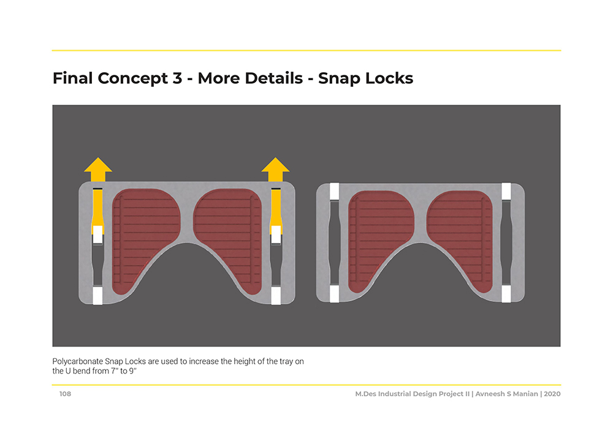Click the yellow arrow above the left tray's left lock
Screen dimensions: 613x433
(98, 170)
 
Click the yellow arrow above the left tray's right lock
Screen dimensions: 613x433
(276, 170)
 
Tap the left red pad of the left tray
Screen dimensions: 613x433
(145, 239)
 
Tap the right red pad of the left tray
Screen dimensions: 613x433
(228, 239)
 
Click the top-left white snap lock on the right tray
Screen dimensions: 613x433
(334, 191)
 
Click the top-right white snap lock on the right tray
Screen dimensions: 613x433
(506, 191)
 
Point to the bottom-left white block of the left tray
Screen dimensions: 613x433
(97, 296)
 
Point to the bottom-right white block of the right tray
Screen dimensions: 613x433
(506, 293)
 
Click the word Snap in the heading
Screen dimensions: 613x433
(340, 78)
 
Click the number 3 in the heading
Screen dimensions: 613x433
(177, 78)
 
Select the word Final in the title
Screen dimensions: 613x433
(73, 78)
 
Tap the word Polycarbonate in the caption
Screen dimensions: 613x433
(77, 361)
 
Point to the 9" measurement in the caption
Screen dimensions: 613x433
(132, 371)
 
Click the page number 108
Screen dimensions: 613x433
(66, 394)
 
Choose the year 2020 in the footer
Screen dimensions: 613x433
(552, 394)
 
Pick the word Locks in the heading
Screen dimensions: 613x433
(389, 78)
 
